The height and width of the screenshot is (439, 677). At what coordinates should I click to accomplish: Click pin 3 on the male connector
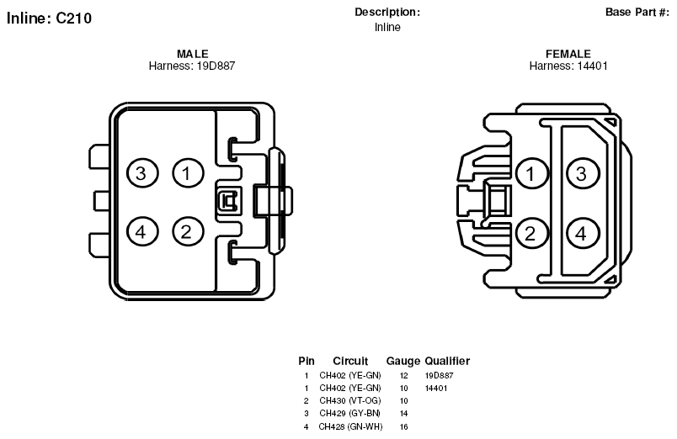coord(142,173)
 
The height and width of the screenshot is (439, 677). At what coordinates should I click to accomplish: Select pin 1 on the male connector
coord(189,173)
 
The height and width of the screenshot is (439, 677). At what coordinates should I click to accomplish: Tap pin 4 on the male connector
coord(142,232)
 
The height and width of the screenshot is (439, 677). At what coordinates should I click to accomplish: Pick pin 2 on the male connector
coord(189,232)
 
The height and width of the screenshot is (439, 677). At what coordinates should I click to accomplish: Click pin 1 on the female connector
coord(532,173)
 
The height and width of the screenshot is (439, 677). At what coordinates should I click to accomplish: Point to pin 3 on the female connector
coord(583,173)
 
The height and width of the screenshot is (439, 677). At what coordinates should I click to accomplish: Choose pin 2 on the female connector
coord(532,233)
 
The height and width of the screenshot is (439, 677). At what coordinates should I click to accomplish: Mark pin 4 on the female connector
coord(583,233)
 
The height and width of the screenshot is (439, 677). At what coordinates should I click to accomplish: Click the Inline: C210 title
coord(49,19)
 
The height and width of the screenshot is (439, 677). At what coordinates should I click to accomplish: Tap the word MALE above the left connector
coord(193,54)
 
